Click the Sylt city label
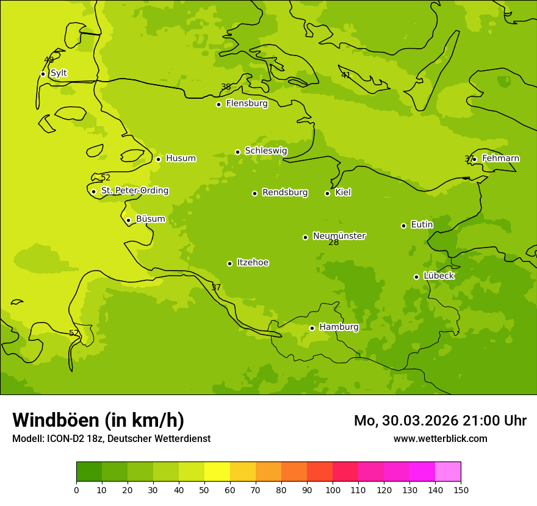click(59, 73)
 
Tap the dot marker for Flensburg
click(218, 104)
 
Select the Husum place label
click(181, 159)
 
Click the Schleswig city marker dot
click(237, 152)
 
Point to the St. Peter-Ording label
click(135, 191)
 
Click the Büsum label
click(150, 219)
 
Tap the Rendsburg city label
click(285, 193)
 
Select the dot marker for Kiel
click(327, 193)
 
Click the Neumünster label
click(339, 236)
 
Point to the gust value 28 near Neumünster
click(334, 243)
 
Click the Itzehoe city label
click(253, 263)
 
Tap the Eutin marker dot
click(403, 226)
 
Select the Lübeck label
click(438, 276)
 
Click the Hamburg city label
click(339, 327)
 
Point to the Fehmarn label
click(500, 159)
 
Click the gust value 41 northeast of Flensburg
click(345, 76)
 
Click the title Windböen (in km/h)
click(98, 420)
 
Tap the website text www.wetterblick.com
click(440, 438)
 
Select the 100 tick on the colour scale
click(333, 490)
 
